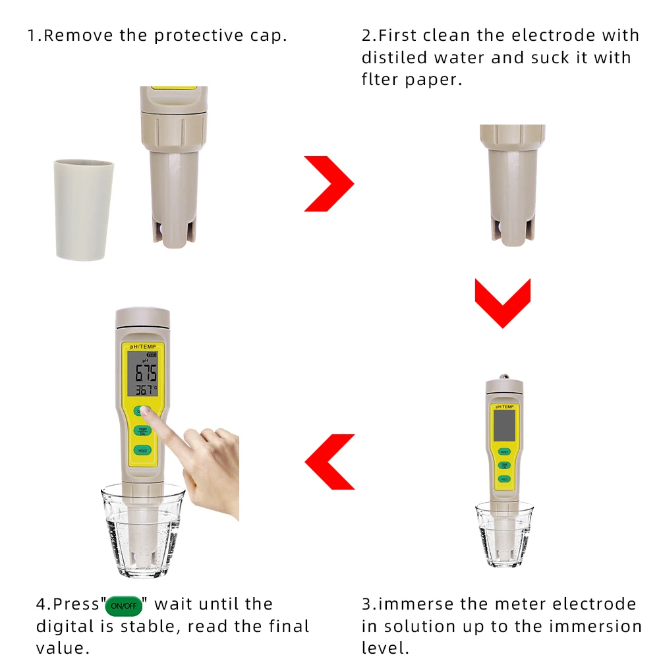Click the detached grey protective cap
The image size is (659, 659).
(x=83, y=209)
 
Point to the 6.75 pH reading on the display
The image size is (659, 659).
(x=146, y=374)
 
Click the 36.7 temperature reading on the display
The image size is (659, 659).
(x=146, y=390)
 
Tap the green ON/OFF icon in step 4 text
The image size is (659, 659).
(x=123, y=606)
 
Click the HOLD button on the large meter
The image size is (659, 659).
(x=142, y=451)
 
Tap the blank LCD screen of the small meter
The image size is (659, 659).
(x=504, y=424)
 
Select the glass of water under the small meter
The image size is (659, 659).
(x=504, y=534)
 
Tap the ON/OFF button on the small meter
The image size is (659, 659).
(x=504, y=451)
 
